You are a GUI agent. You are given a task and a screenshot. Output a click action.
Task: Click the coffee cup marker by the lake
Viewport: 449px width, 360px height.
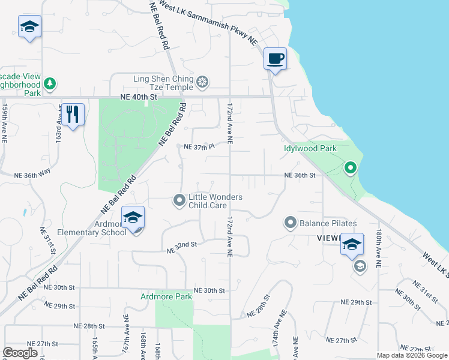(x=275, y=59)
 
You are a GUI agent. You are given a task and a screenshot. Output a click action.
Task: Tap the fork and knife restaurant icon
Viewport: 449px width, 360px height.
(x=73, y=114)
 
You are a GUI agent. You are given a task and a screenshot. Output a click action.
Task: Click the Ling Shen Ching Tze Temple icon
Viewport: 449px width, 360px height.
(x=203, y=81)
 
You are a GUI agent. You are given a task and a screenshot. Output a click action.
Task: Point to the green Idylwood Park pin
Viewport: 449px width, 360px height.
(x=351, y=168)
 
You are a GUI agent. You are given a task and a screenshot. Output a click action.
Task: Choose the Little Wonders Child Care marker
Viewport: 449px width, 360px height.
(x=178, y=200)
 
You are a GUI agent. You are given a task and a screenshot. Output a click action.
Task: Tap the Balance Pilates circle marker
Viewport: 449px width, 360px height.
(x=291, y=224)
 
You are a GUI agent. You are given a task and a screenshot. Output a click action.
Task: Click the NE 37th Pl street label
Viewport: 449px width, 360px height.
(x=199, y=147)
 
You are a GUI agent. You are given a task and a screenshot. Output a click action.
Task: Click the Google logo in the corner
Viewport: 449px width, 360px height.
(x=20, y=353)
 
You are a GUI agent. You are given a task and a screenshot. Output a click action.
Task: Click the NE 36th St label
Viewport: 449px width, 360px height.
(x=300, y=175)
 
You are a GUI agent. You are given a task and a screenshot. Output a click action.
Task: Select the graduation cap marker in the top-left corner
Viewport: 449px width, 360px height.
(x=29, y=27)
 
